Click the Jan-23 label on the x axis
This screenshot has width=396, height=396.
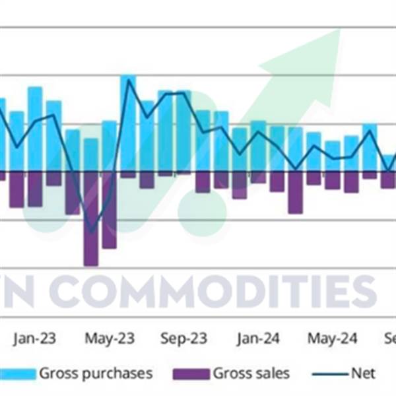coord(34,339)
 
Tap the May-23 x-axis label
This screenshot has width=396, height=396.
coord(110,339)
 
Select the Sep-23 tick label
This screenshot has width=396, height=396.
coord(184,339)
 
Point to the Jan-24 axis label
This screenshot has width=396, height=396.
coord(258,339)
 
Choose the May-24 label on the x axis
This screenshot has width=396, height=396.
coord(333,339)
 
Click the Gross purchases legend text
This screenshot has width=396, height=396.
coord(96,374)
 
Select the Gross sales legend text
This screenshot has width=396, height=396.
coord(251,374)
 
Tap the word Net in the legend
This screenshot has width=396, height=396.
coord(362,374)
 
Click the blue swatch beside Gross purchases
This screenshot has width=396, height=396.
coord(16,374)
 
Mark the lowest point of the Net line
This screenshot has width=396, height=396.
coord(91,231)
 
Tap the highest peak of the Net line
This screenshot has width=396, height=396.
coord(127,81)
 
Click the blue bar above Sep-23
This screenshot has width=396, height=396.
coord(183,132)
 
